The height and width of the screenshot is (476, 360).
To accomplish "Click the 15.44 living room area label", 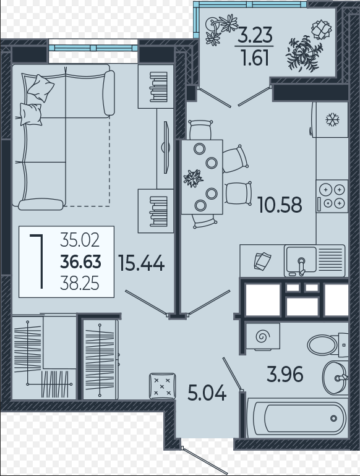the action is click(x=141, y=263).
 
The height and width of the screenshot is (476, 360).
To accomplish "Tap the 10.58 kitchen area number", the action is click(x=280, y=205).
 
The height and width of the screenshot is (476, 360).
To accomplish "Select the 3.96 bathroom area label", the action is click(x=285, y=374).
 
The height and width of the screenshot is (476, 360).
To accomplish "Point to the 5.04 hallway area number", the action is click(x=207, y=393).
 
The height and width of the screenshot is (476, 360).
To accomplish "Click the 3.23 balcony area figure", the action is click(x=255, y=35).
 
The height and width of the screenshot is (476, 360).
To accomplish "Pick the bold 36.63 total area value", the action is click(x=80, y=262).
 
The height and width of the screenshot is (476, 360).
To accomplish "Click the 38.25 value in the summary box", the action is click(x=80, y=284).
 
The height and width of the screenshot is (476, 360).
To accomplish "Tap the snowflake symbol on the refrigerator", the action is click(x=332, y=119).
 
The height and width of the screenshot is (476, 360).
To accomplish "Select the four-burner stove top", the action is click(x=332, y=196).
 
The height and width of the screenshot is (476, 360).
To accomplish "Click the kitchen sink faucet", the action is click(x=301, y=266).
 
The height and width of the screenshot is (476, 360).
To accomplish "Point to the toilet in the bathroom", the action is click(x=327, y=345).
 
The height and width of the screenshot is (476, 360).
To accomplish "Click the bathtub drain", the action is click(x=333, y=419).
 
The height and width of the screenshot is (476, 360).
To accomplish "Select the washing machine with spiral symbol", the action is click(x=263, y=336).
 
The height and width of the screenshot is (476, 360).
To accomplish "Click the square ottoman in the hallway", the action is click(x=163, y=386).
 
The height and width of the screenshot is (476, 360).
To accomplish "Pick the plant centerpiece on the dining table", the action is click(x=193, y=178).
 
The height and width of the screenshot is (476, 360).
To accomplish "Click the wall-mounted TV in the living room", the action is click(x=166, y=148).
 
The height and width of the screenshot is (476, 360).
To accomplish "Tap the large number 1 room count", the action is click(x=38, y=261).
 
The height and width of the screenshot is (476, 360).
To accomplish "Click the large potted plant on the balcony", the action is click(x=304, y=54).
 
